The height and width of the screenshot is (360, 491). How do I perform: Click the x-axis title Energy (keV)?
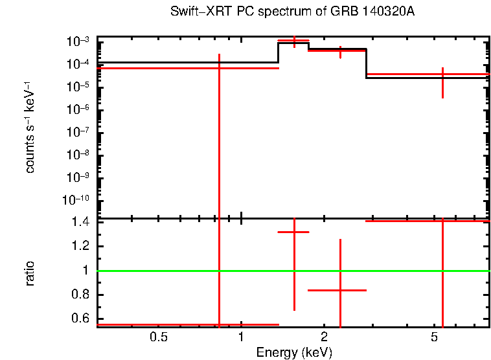click(x=294, y=352)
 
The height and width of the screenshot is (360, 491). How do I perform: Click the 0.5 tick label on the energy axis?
click(x=159, y=337)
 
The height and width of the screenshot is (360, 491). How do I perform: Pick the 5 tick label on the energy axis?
click(x=434, y=337)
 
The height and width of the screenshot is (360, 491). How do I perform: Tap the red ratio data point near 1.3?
click(x=294, y=232)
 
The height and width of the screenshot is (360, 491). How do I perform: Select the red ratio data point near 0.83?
click(x=340, y=290)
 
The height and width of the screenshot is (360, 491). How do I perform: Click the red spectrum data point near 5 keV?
click(x=442, y=74)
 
